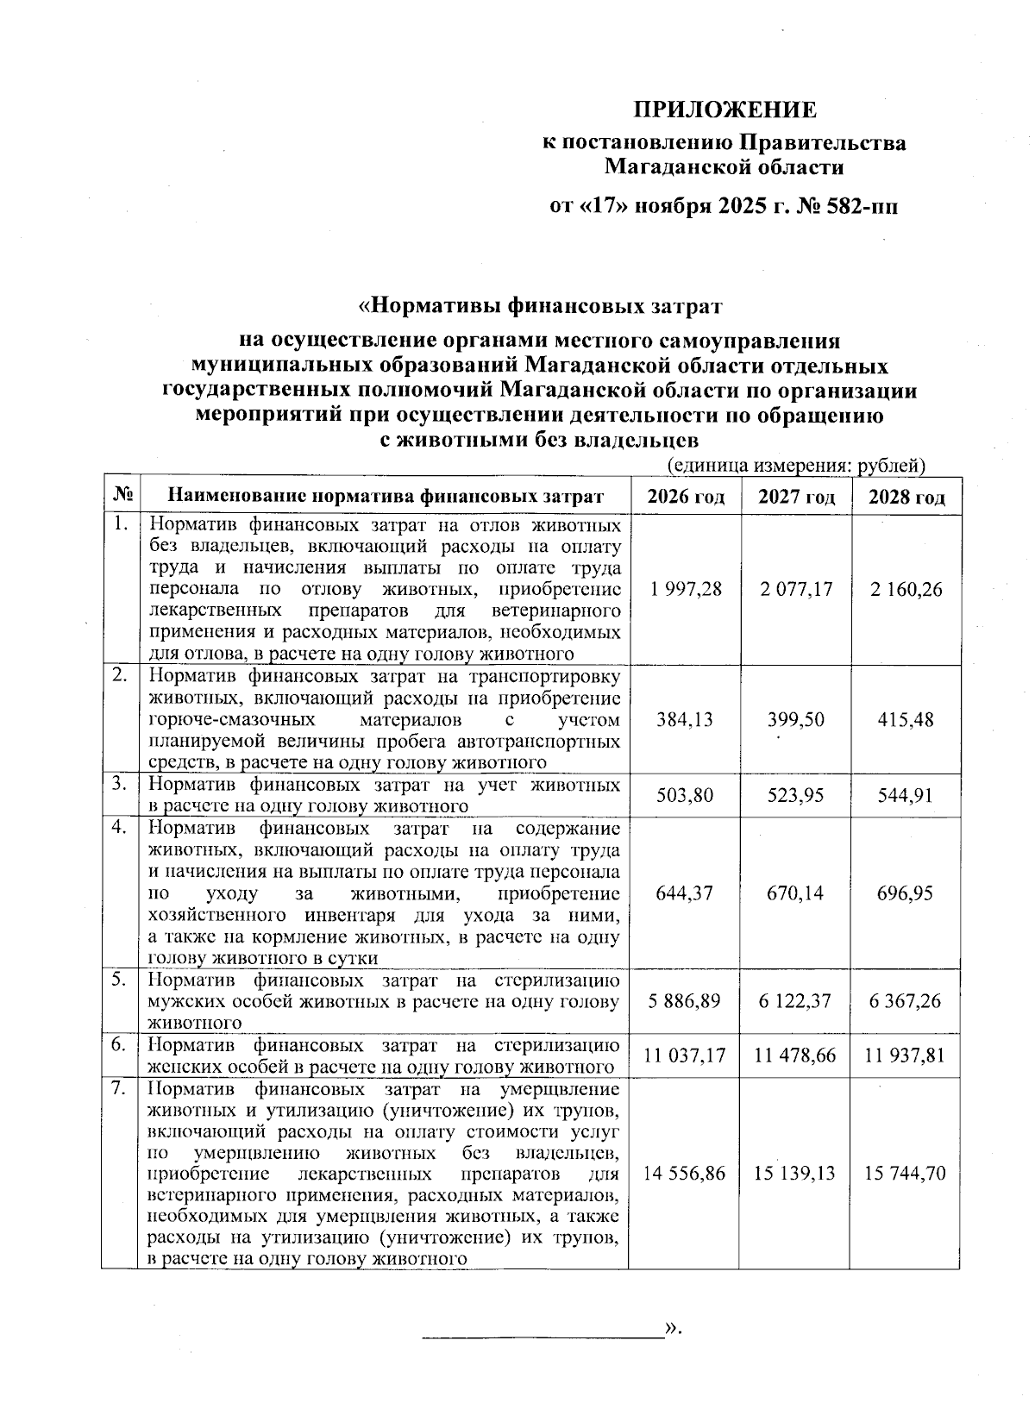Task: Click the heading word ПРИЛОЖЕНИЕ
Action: point(724,110)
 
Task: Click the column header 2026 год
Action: point(686,497)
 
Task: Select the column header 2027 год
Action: point(796,497)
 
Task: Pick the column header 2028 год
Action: point(906,497)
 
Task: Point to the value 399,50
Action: point(796,719)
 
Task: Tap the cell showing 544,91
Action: point(906,795)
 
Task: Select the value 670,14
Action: point(796,892)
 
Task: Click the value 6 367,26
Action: point(906,1001)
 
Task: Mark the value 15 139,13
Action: point(795,1174)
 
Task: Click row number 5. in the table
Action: point(120,980)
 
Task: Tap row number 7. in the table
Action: point(120,1089)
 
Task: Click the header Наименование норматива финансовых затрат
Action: point(386,497)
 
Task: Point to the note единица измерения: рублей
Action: point(797,466)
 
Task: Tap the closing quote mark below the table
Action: point(673,1329)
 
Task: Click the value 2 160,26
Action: point(906,590)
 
